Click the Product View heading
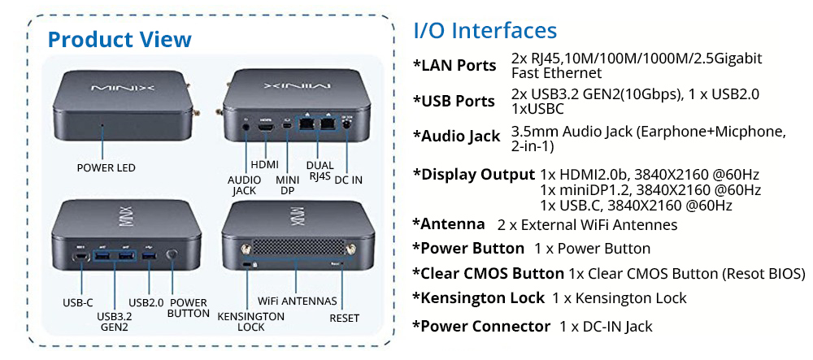[x=120, y=39]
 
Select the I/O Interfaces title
[x=485, y=31]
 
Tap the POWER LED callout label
[x=106, y=168]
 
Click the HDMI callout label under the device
[x=264, y=164]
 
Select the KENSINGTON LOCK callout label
[x=251, y=322]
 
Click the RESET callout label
[x=344, y=319]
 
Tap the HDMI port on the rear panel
[x=265, y=128]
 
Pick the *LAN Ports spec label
[x=454, y=65]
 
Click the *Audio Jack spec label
[x=456, y=136]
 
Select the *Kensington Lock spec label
[x=478, y=298]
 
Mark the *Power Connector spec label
[x=481, y=326]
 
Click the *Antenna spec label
[x=448, y=223]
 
